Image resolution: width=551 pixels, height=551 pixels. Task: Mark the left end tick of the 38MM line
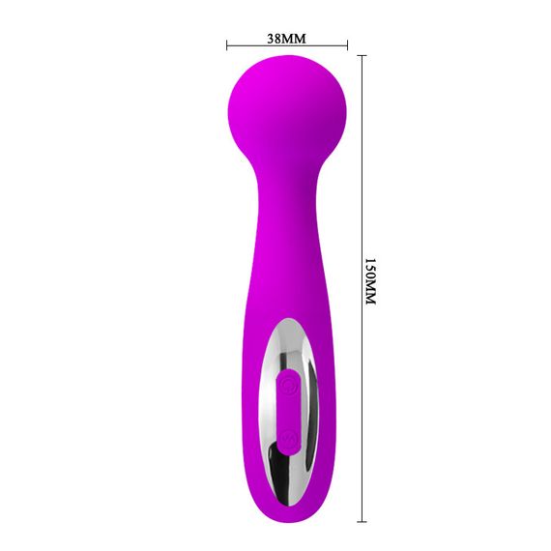[x=226, y=44]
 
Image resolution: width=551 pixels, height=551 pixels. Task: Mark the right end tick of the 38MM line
[x=347, y=44]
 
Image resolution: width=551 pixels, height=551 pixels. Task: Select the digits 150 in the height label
[x=368, y=269]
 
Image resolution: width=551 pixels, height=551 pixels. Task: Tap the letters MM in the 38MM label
[x=294, y=38]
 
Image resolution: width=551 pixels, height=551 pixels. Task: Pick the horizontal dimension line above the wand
[x=319, y=44]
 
